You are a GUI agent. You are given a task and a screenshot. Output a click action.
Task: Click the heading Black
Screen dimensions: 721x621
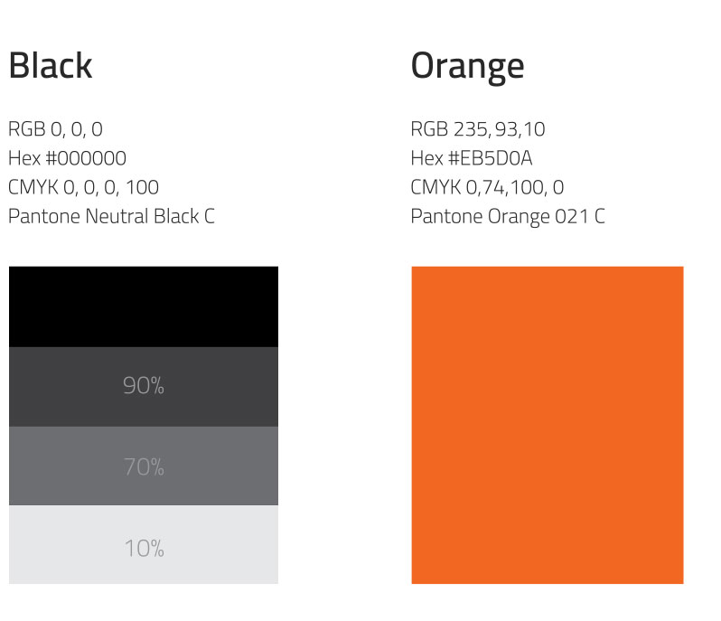(x=51, y=65)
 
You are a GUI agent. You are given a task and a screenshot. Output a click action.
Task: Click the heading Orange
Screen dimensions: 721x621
(x=467, y=67)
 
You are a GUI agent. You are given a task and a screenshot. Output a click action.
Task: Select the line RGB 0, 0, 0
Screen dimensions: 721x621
(x=56, y=129)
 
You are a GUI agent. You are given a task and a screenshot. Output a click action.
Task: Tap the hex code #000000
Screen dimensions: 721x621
(x=86, y=158)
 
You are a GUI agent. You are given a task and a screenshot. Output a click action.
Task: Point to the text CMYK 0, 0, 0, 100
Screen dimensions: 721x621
(x=84, y=187)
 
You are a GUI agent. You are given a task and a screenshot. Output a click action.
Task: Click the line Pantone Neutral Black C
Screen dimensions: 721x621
(x=112, y=217)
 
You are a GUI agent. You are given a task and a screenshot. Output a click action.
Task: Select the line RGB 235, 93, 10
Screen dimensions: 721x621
(x=478, y=129)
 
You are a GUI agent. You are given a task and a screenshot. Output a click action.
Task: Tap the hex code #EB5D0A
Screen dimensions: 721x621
(x=491, y=158)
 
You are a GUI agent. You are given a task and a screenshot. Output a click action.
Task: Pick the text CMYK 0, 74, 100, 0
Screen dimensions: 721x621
(x=487, y=187)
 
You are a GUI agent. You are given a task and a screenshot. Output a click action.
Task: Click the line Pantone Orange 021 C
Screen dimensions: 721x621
(x=508, y=217)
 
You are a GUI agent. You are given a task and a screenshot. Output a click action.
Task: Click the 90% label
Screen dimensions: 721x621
(x=144, y=385)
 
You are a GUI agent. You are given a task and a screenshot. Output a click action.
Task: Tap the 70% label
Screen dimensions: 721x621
(x=144, y=466)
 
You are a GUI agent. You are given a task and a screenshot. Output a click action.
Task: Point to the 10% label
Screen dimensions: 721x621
(x=144, y=548)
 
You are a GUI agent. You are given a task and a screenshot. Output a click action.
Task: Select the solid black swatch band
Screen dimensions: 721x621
(x=144, y=306)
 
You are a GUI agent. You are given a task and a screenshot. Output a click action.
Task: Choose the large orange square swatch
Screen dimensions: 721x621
(x=548, y=425)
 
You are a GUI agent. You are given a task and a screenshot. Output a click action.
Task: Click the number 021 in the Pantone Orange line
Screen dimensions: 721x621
(x=572, y=216)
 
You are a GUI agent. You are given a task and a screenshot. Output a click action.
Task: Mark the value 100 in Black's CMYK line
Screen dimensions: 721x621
(x=142, y=187)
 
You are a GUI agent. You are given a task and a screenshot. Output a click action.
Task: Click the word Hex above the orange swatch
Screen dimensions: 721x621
(x=426, y=158)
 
